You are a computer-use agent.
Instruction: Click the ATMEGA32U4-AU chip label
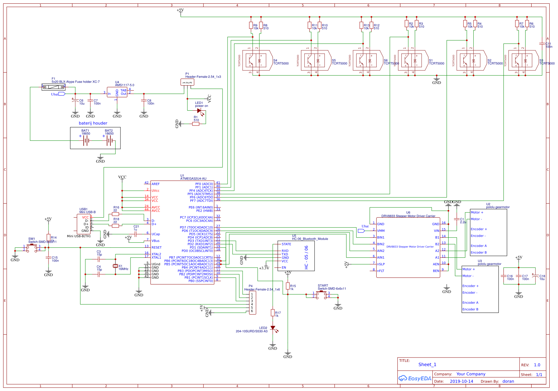pyautogui.click(x=193, y=179)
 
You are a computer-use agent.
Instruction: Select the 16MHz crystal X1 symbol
pyautogui.click(x=115, y=266)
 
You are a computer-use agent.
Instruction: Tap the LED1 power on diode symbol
pyautogui.click(x=199, y=111)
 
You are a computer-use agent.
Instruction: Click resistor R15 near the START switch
pyautogui.click(x=288, y=286)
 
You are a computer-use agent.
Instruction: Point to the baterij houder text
pyautogui.click(x=93, y=123)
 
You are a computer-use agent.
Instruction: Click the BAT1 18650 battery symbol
pyautogui.click(x=86, y=141)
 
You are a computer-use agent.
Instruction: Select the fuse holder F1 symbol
pyautogui.click(x=54, y=87)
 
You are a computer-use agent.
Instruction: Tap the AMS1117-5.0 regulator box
pyautogui.click(x=117, y=93)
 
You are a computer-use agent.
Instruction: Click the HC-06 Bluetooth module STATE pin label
pyautogui.click(x=286, y=244)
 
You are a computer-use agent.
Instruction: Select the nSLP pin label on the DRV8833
pyautogui.click(x=381, y=264)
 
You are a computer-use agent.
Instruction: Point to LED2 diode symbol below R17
pyautogui.click(x=273, y=328)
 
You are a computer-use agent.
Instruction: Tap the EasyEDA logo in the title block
pyautogui.click(x=415, y=378)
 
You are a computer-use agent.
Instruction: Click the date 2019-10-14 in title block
pyautogui.click(x=461, y=381)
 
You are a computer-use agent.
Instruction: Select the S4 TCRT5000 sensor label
pyautogui.click(x=281, y=62)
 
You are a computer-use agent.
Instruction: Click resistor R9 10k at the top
pyautogui.click(x=251, y=25)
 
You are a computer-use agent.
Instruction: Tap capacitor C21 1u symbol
pyautogui.click(x=135, y=234)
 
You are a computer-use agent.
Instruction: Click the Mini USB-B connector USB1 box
pyautogui.click(x=84, y=224)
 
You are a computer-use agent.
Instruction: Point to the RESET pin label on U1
pyautogui.click(x=156, y=248)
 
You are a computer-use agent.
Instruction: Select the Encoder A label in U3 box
pyautogui.click(x=470, y=303)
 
